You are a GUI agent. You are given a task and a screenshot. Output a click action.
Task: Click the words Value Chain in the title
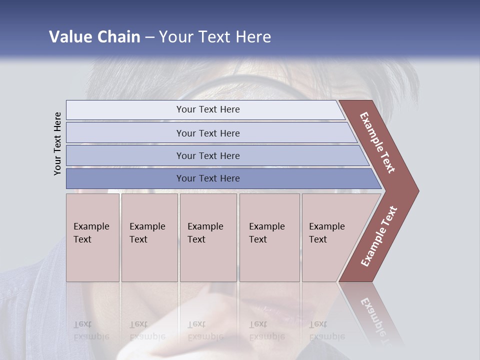94,37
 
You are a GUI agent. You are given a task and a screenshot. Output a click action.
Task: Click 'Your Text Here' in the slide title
215,37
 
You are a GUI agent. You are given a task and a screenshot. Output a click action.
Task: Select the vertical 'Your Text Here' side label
57,143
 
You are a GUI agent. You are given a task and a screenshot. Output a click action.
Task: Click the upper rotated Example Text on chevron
377,142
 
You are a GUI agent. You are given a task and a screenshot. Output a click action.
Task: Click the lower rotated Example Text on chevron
379,236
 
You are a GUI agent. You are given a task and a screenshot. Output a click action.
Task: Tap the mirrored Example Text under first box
91,330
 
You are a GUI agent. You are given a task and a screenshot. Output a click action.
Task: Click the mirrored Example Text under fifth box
326,330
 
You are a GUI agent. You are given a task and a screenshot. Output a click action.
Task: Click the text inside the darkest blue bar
208,178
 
